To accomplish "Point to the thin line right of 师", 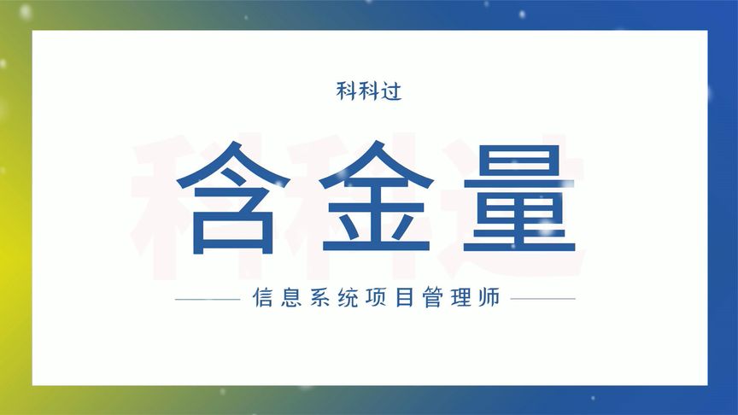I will click(542, 300).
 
